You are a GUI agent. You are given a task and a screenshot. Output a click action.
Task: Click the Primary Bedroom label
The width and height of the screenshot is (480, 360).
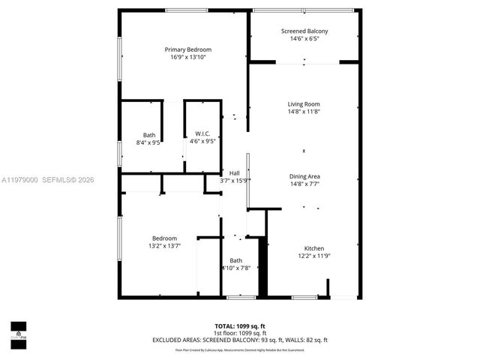click(x=183, y=49)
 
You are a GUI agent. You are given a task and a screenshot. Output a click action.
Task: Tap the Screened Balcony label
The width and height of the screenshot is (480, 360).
click(x=304, y=31)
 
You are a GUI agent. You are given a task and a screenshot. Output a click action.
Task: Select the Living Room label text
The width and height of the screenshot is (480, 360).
click(x=304, y=104)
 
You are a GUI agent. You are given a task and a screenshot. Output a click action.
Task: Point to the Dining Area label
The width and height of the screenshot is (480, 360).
click(x=304, y=176)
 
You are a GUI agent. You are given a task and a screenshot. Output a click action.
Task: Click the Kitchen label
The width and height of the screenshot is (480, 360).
click(x=313, y=248)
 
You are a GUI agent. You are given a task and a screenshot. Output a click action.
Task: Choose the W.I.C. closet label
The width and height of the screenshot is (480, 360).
click(x=202, y=134)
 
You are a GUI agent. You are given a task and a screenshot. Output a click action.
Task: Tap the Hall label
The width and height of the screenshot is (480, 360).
click(x=234, y=173)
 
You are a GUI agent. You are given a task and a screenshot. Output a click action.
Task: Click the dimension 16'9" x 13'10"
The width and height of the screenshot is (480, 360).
click(x=183, y=57)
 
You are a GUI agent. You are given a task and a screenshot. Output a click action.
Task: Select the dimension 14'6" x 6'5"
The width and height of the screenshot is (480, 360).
click(x=304, y=39)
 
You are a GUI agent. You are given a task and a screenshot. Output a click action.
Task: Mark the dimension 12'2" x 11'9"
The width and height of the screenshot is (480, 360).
click(x=313, y=256)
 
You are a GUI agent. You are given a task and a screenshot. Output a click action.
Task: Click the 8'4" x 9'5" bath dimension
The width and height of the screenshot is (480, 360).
click(x=149, y=142)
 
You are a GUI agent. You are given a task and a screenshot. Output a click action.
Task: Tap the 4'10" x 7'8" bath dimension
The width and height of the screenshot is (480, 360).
click(x=235, y=268)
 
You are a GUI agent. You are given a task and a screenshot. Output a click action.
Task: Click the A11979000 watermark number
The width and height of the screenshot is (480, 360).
click(x=19, y=180)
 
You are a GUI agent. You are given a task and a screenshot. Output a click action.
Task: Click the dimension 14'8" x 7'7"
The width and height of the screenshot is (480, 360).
click(x=304, y=184)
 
